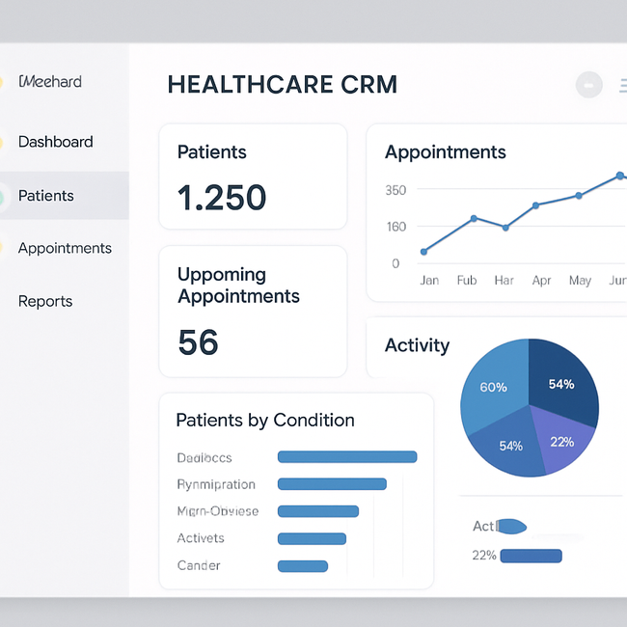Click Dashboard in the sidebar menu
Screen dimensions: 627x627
coord(55,142)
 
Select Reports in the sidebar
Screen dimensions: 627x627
coord(45,301)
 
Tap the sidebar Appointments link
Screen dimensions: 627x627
coord(65,248)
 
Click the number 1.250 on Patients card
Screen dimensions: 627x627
coord(222,198)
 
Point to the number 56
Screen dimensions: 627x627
coord(198,342)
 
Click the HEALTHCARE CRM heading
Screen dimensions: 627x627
coord(282,85)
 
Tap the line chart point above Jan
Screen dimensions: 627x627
coord(423,252)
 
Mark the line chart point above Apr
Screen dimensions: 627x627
coord(535,205)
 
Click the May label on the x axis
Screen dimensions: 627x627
coord(580,281)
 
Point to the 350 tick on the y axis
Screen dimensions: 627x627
coord(395,190)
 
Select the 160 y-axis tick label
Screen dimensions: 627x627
coord(395,227)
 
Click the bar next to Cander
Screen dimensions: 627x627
coord(302,566)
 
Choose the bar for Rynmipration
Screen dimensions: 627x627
coord(332,484)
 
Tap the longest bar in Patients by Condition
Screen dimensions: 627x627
coord(347,457)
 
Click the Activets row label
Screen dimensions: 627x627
coord(201,538)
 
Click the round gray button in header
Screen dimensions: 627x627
coord(588,86)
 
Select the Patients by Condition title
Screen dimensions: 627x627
coord(265,421)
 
